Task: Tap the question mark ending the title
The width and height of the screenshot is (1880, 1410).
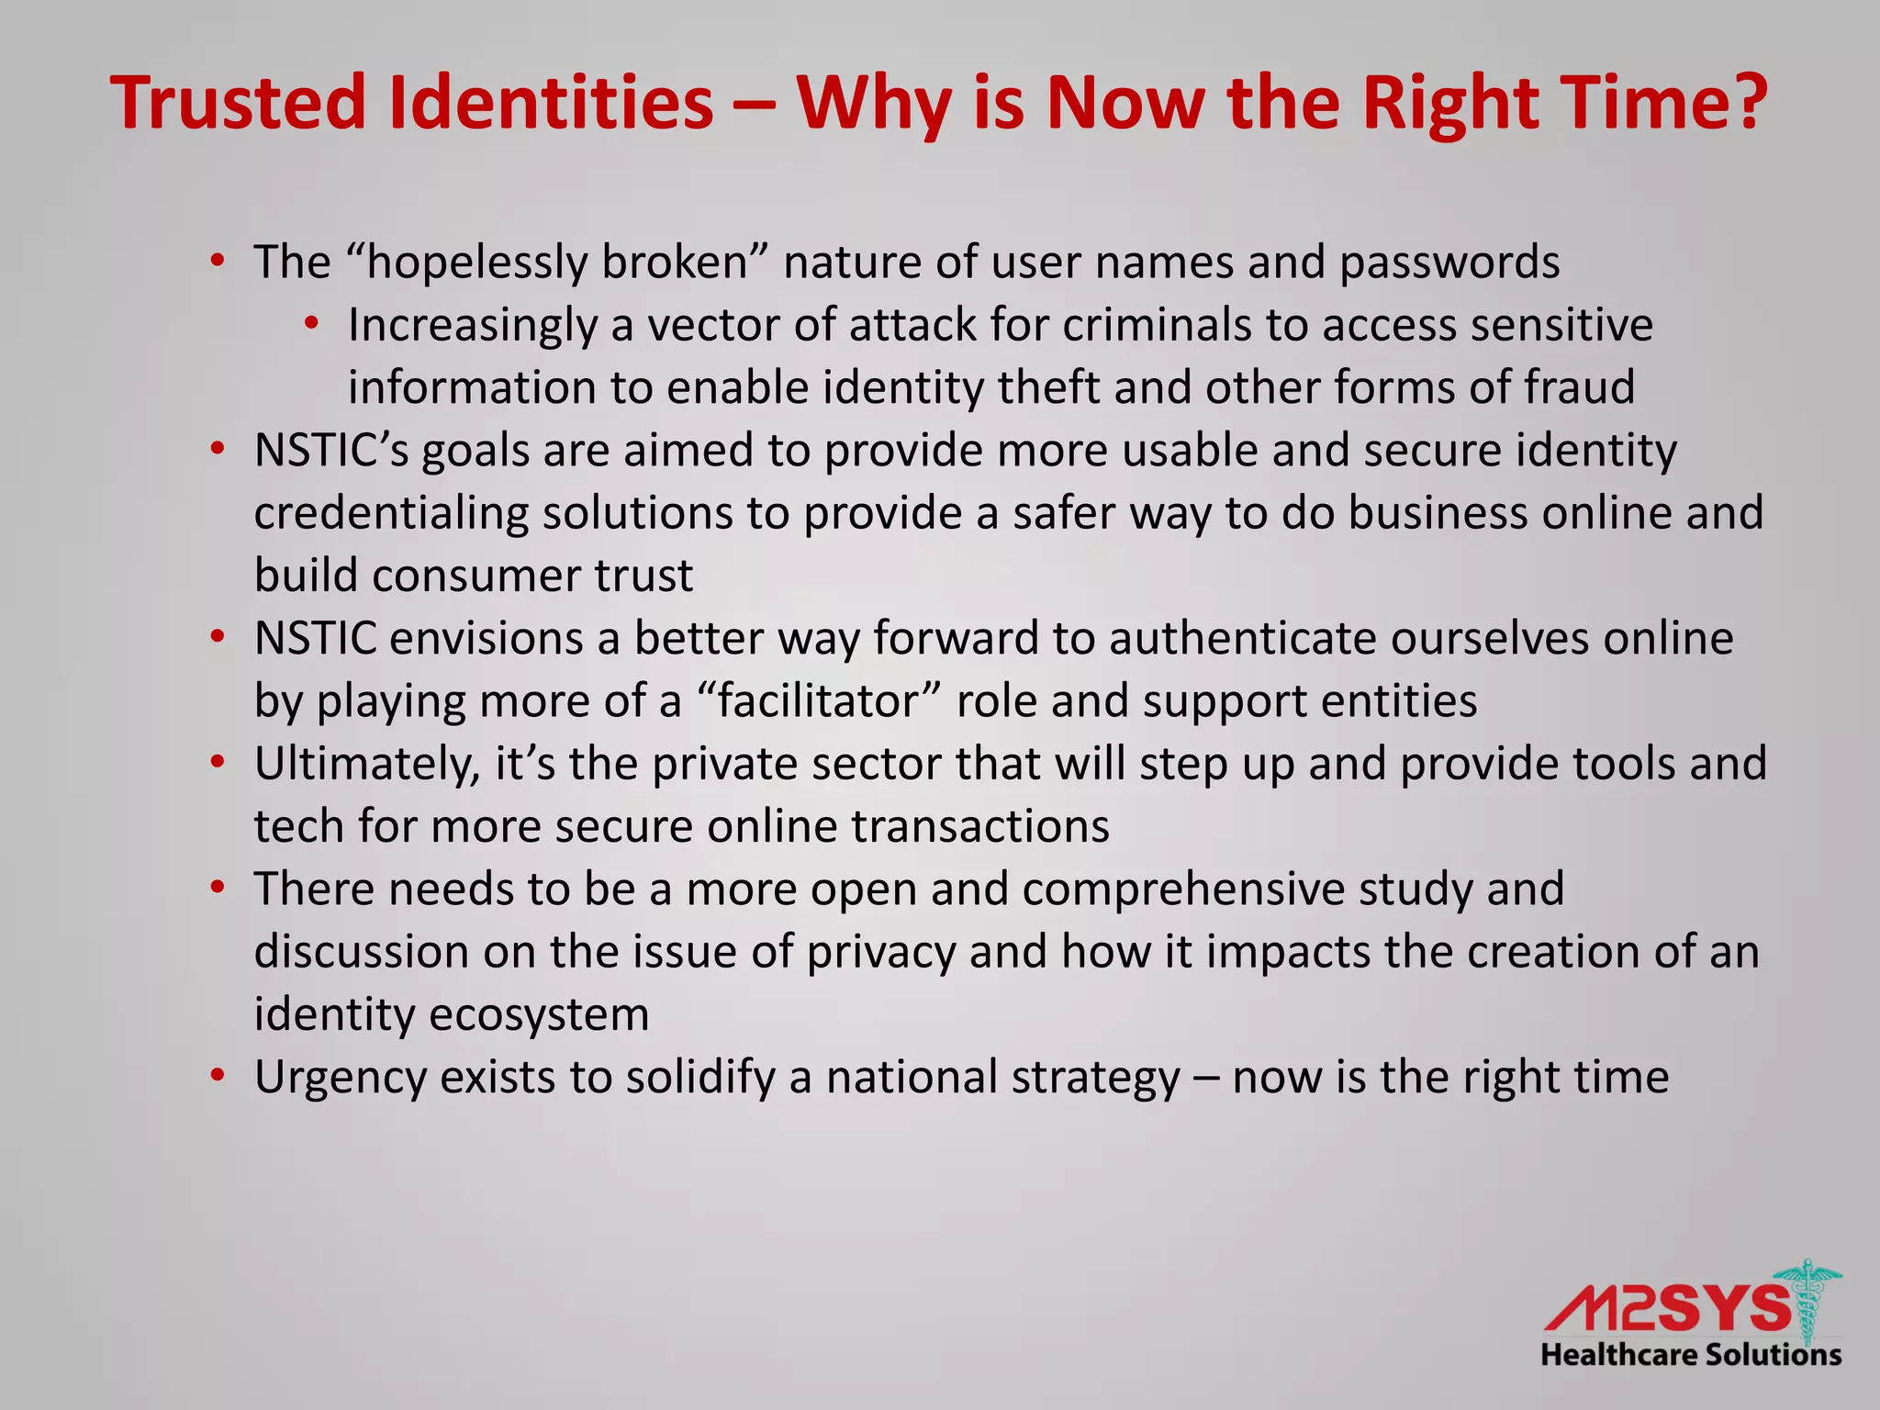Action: [x=1743, y=103]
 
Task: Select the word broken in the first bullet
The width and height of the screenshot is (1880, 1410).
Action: [x=675, y=263]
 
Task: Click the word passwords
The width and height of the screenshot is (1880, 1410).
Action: [x=1449, y=263]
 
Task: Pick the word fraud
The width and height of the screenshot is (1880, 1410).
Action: [x=1580, y=387]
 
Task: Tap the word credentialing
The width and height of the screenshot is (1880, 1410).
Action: [x=391, y=513]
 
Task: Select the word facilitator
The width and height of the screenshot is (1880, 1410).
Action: [x=818, y=701]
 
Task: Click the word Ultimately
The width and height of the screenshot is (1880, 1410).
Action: [x=366, y=764]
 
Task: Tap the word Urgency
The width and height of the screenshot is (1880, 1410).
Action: [x=341, y=1078]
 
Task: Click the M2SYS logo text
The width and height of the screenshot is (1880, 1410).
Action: [x=1666, y=1308]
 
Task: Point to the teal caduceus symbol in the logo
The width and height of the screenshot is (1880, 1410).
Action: [x=1807, y=1304]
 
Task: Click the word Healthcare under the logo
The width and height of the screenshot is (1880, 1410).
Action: [x=1617, y=1355]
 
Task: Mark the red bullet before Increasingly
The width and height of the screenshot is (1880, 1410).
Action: [x=312, y=323]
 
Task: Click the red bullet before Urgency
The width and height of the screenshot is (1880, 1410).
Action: [x=218, y=1075]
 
